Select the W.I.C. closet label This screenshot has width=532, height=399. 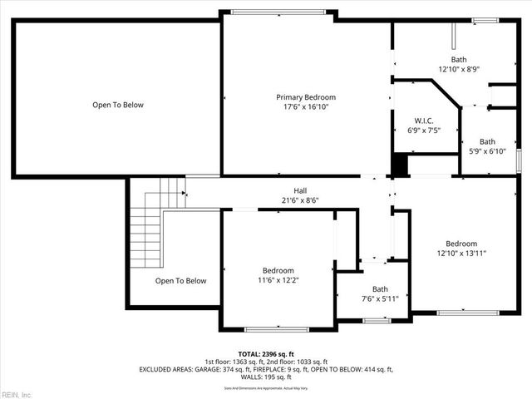point(423,120)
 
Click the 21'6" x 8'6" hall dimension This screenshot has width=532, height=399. point(300,200)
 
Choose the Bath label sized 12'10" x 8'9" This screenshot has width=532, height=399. point(459,60)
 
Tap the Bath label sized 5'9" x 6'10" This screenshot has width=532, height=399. point(487,141)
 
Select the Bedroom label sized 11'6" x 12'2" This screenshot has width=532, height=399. point(278,271)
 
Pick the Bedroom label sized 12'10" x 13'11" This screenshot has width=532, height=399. point(461,244)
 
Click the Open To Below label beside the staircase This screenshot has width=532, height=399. point(180,281)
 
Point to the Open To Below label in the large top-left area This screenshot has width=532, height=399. point(118,105)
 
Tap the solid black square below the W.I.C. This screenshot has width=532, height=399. point(401,165)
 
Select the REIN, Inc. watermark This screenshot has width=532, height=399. point(17,393)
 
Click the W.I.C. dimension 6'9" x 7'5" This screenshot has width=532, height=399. point(423,130)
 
